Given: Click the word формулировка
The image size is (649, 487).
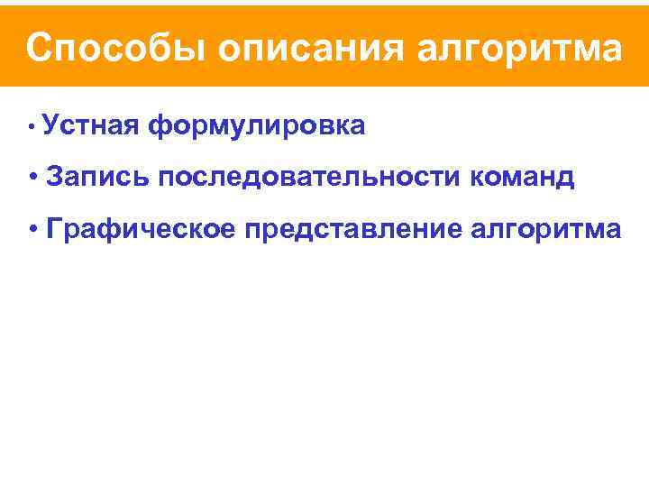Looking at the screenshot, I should (258, 126).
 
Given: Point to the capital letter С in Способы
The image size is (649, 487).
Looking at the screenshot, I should (39, 48).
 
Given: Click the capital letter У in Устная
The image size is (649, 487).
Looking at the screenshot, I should (49, 126).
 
